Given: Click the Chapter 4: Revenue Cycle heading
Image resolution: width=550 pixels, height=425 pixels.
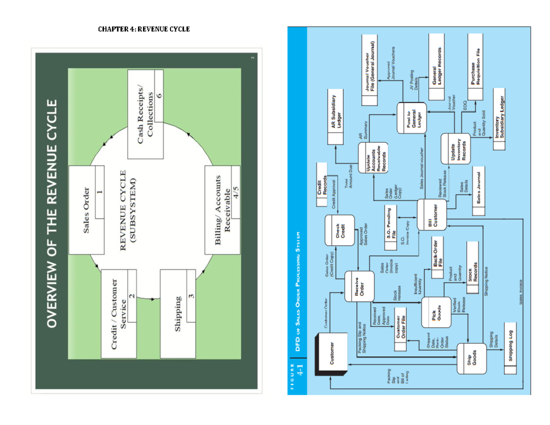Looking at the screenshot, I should point(144,29).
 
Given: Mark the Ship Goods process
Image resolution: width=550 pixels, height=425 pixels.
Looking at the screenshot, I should point(472,359).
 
